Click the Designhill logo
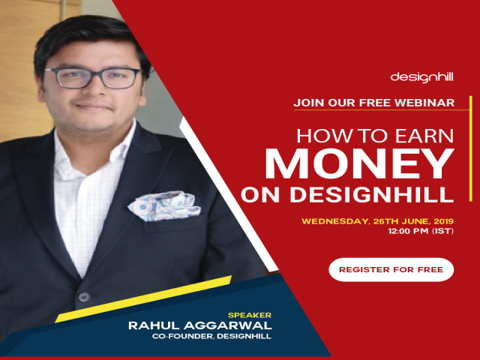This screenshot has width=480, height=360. [x=421, y=76]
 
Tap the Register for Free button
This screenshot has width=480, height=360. [x=391, y=268]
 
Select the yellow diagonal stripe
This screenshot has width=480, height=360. [x=142, y=299]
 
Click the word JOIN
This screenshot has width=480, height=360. [x=309, y=102]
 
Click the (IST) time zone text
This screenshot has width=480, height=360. [x=442, y=233]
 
